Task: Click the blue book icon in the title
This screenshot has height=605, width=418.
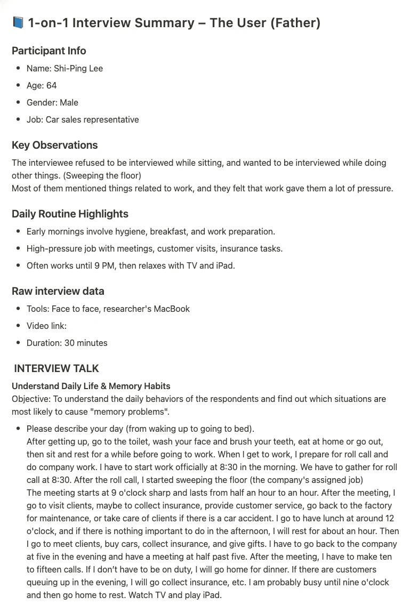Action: coord(18,23)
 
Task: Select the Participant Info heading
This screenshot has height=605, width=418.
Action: coord(49,51)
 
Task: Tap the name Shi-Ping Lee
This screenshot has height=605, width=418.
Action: coord(78,68)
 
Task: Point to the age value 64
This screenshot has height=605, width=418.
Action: coord(51,85)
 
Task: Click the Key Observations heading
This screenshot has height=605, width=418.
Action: coord(55,145)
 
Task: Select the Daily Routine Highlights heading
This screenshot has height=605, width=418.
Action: coord(70,214)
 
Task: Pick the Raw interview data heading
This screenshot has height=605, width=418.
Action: coord(58,291)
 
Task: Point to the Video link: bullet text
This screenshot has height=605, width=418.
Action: coord(46,326)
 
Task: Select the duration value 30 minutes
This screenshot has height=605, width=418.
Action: coord(86,343)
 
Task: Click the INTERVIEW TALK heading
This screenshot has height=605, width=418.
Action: coord(57,368)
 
